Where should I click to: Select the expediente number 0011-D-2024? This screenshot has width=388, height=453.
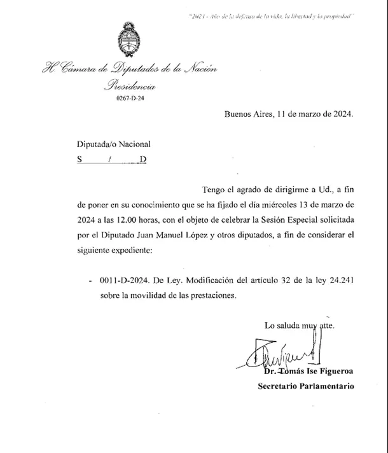[123, 281]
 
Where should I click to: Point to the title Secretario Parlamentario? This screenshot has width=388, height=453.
[305, 386]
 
